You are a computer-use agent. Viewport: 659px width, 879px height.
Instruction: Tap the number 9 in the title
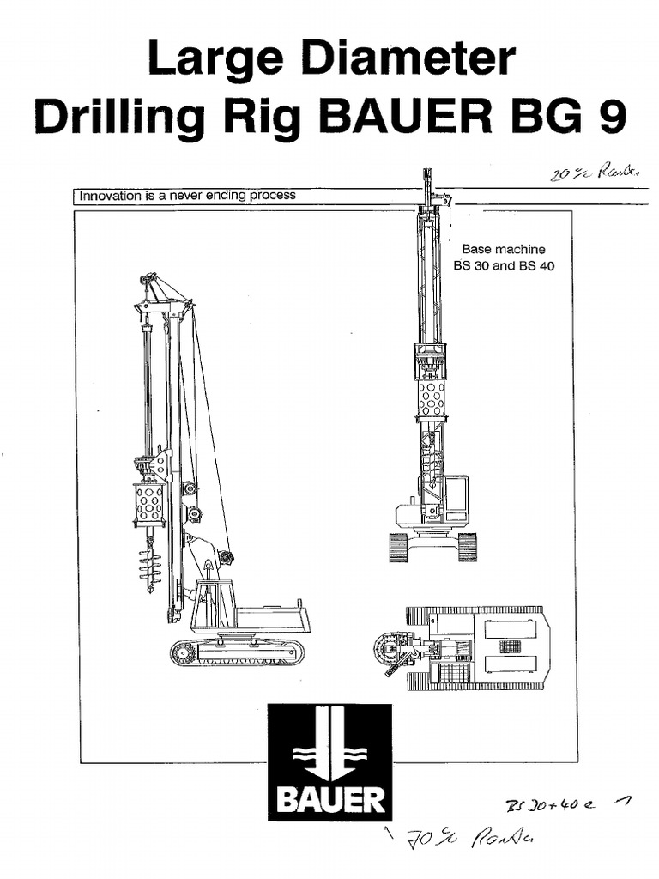609,118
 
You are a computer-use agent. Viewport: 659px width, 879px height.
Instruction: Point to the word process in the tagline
275,195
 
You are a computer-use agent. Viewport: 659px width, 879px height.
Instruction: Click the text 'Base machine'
504,249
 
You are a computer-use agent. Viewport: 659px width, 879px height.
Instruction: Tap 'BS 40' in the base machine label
536,265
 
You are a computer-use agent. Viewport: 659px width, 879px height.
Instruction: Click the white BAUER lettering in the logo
329,802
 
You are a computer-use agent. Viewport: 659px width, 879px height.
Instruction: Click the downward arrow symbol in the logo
329,745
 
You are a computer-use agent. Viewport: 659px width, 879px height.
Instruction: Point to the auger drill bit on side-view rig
150,562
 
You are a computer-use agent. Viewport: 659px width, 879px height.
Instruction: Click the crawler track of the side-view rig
237,652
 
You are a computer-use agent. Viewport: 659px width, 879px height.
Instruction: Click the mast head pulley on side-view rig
148,281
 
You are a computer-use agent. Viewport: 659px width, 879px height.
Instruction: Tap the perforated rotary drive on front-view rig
431,397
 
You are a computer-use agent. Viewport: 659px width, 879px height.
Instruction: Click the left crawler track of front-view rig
398,547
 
